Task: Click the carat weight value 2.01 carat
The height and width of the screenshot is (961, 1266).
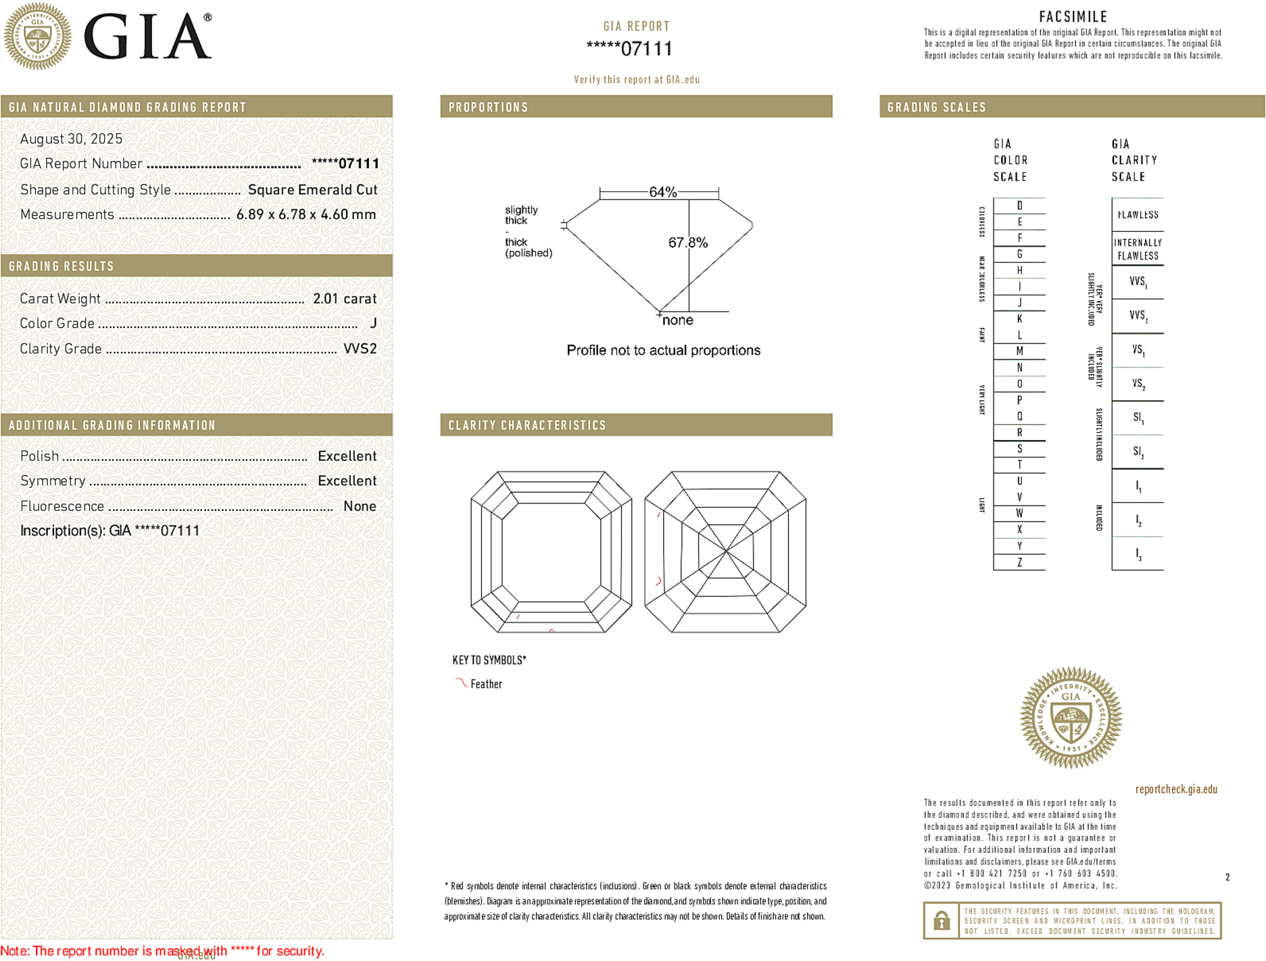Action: tap(344, 299)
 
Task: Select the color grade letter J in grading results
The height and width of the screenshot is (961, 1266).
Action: tap(373, 324)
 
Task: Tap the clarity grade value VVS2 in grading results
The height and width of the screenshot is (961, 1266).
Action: tap(360, 349)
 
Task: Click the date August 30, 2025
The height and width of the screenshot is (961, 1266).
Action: tap(71, 139)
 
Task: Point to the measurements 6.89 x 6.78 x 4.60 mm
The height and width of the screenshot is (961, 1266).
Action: tap(306, 215)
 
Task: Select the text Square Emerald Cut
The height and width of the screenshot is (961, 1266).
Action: tap(312, 190)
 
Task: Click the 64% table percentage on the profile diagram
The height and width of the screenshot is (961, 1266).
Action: tap(662, 192)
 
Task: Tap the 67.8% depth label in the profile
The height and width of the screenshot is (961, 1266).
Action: tap(687, 243)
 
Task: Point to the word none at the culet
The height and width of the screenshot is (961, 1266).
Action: tap(677, 320)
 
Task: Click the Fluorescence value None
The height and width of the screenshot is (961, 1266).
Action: tap(360, 506)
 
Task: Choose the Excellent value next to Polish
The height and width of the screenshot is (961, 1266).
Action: tap(347, 456)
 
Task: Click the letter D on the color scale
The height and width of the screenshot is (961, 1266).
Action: tap(1019, 205)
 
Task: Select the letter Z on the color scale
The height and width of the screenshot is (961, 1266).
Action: tap(1019, 562)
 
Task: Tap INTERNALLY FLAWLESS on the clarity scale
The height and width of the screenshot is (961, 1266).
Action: tap(1138, 249)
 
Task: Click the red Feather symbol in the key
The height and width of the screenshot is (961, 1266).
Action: tap(461, 683)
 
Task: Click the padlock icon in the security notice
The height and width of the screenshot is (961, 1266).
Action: tap(941, 920)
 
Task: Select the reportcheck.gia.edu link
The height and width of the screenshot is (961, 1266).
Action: tap(1175, 789)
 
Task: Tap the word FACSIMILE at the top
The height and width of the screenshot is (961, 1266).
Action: tap(1073, 17)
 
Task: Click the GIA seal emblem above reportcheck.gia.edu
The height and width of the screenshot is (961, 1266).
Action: tap(1071, 718)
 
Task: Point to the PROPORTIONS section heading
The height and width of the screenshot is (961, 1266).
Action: tap(488, 107)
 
